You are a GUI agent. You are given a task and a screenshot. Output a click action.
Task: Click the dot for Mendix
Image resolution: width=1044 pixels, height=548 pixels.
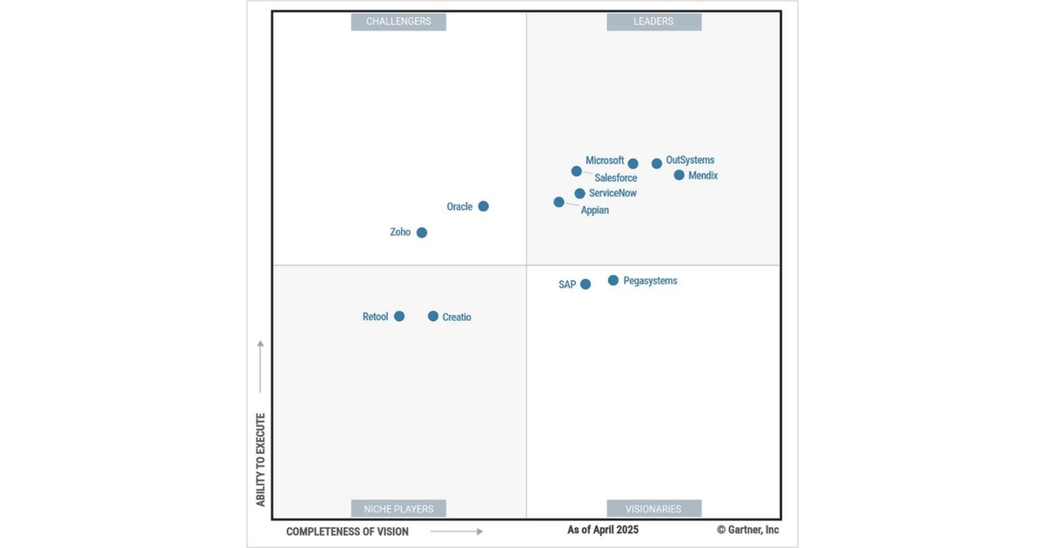(x=679, y=175)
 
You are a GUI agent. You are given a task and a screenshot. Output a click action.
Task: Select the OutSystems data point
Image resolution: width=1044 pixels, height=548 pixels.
(x=657, y=164)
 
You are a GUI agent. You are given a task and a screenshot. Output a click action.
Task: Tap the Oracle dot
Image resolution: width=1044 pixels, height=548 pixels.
(x=484, y=206)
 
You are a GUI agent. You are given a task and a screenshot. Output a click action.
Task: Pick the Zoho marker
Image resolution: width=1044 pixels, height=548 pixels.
(x=422, y=232)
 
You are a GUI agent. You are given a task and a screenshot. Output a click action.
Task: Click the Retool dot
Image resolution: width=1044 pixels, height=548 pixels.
(x=399, y=317)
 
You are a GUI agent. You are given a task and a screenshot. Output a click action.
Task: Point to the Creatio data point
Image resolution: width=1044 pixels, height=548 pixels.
(x=433, y=317)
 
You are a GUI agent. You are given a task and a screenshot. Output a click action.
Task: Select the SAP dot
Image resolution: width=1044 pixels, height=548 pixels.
(x=586, y=284)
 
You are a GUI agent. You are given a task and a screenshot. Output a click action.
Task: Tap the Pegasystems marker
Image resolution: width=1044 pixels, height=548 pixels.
(x=613, y=280)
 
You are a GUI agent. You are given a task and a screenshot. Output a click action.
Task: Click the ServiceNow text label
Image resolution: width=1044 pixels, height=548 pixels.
(x=612, y=193)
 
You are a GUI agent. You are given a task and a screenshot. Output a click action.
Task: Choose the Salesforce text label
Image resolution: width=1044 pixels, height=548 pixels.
(x=615, y=178)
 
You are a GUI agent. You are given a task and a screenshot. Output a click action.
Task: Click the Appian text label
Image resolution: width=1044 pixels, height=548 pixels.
(x=595, y=211)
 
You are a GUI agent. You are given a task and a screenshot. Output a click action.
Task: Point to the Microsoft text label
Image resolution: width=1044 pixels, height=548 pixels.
(x=605, y=161)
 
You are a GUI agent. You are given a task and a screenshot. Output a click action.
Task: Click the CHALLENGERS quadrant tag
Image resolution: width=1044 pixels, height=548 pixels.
(x=398, y=21)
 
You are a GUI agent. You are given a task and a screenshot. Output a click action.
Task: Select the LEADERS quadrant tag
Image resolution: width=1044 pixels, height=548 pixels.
(x=653, y=21)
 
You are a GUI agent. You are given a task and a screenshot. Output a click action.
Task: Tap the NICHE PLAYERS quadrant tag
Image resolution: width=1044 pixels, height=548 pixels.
(x=398, y=508)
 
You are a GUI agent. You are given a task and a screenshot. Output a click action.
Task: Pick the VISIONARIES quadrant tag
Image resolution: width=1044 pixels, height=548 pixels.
(x=653, y=508)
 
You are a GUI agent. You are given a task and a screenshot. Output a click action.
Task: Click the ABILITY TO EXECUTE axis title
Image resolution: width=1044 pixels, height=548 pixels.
(x=260, y=459)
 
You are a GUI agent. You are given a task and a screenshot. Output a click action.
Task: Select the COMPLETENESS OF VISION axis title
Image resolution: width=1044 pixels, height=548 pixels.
(x=347, y=531)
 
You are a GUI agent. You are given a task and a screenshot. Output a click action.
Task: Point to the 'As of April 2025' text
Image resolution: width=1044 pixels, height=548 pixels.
(x=603, y=530)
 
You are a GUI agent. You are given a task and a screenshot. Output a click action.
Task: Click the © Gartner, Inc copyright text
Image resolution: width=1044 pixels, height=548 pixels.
(x=747, y=530)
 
